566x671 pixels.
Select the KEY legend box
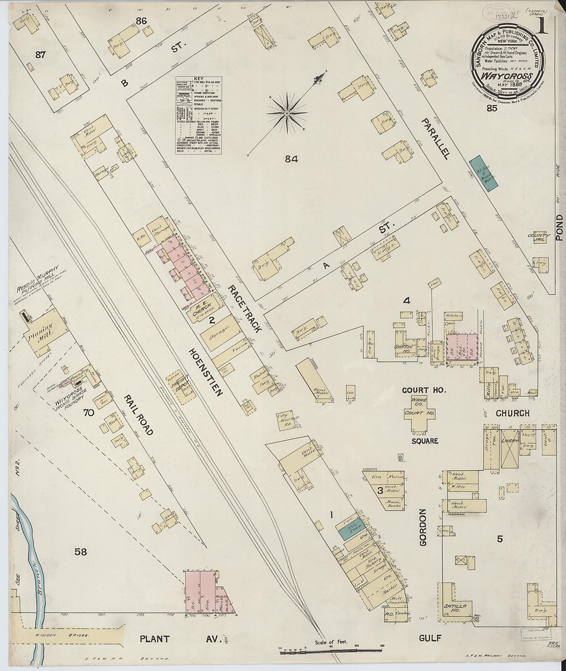click(199, 115)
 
